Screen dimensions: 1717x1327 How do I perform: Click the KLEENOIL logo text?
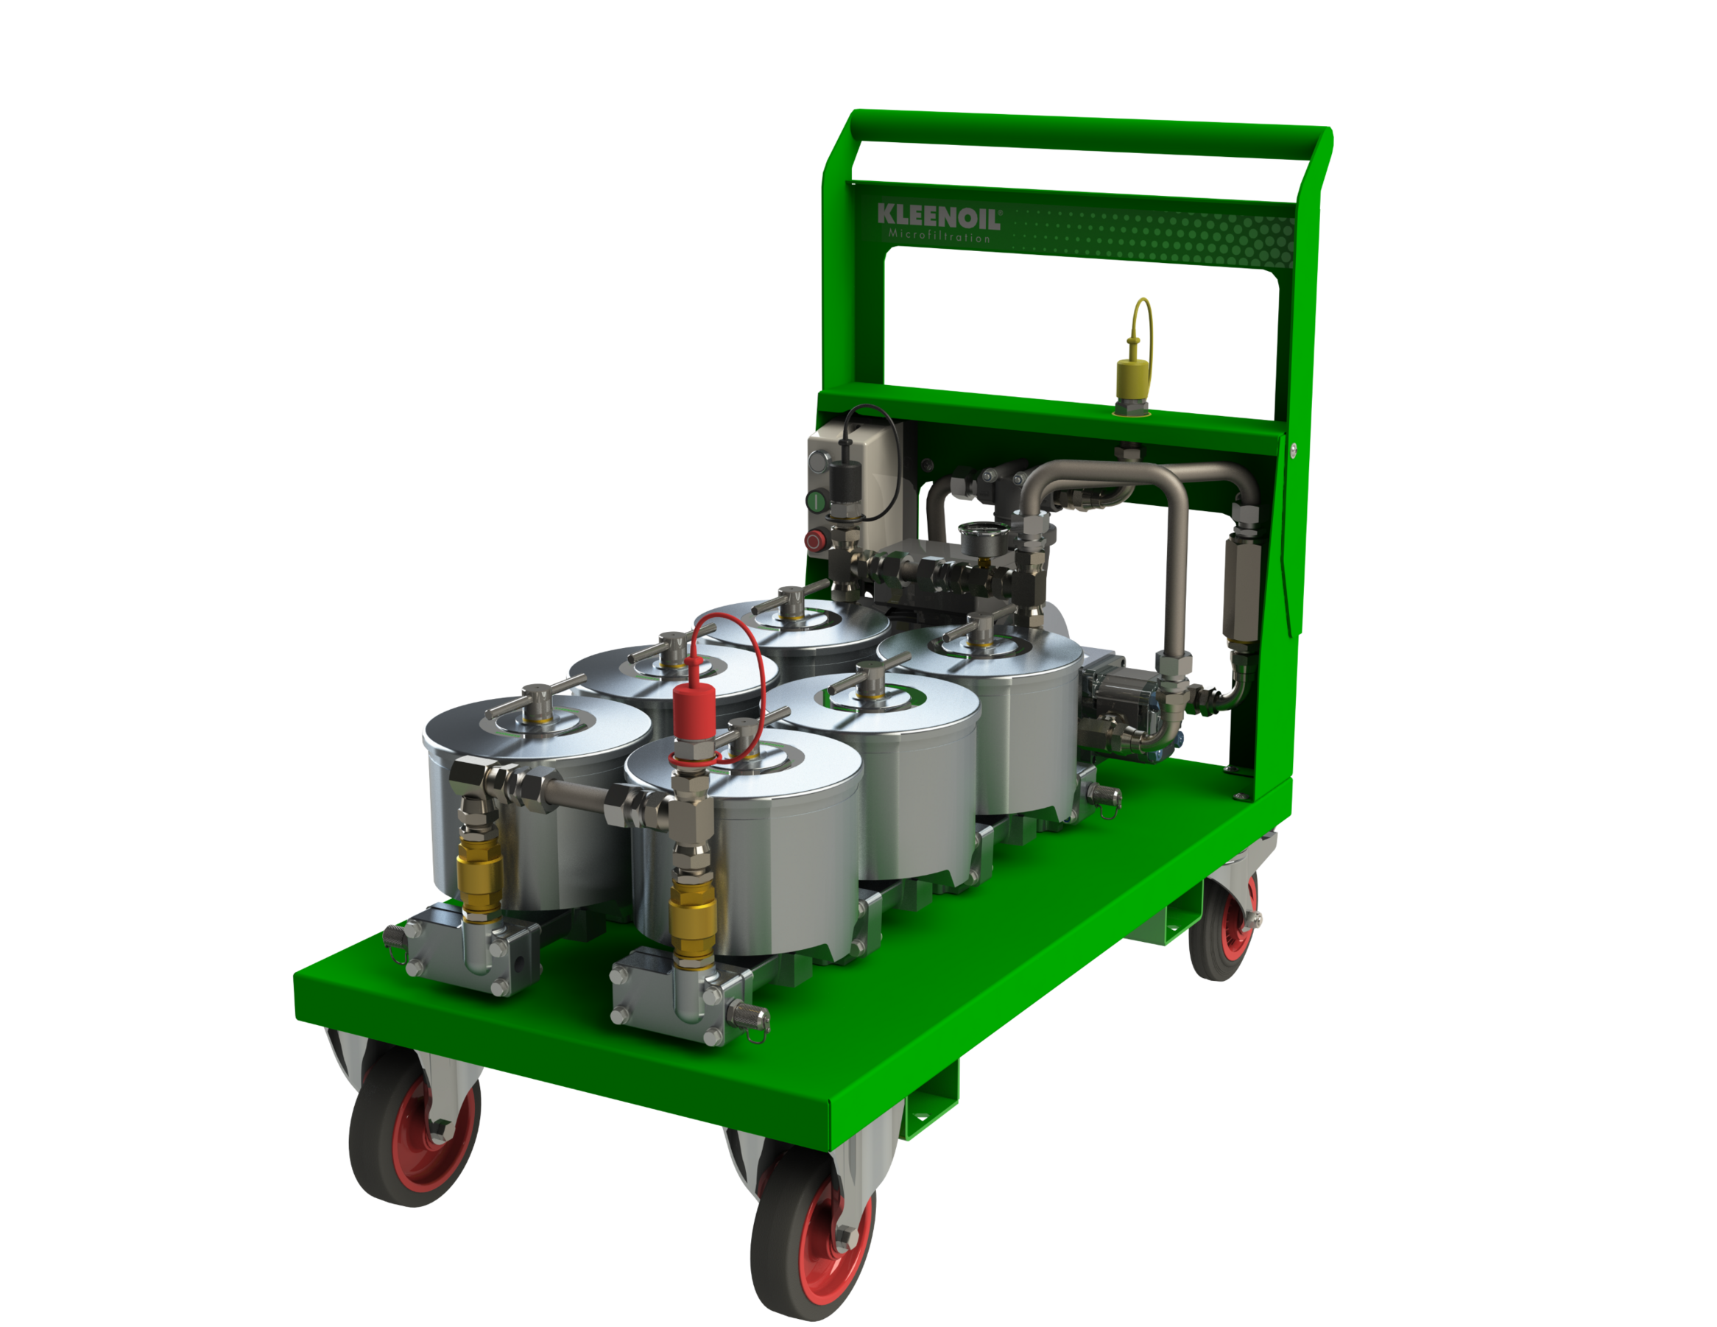(939, 217)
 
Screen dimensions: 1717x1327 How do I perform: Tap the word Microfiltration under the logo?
(939, 236)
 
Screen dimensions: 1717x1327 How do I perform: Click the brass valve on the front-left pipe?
(479, 877)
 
